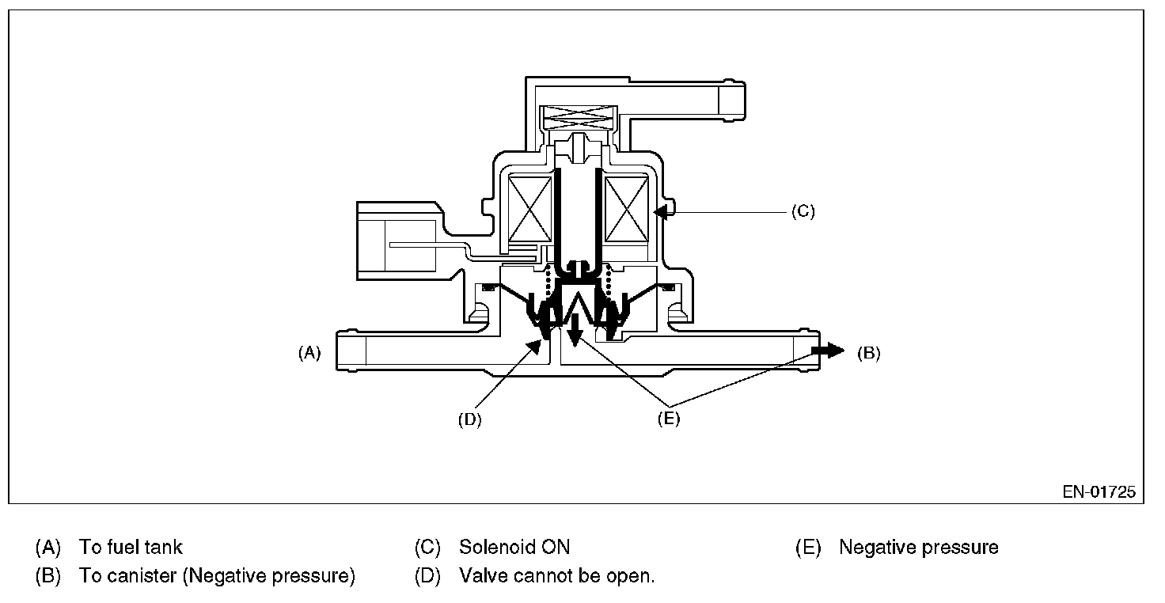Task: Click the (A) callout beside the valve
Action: click(x=309, y=354)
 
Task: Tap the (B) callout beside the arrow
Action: click(x=869, y=354)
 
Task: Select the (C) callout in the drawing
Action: click(x=803, y=211)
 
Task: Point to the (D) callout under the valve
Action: click(x=469, y=419)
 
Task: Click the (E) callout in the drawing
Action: click(x=669, y=419)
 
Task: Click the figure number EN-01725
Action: click(x=1099, y=492)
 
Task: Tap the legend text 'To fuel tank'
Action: click(x=131, y=547)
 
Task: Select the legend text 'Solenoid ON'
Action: click(x=514, y=547)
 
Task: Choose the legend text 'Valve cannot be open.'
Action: click(x=557, y=576)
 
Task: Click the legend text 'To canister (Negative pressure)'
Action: click(x=217, y=576)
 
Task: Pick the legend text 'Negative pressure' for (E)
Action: click(x=919, y=547)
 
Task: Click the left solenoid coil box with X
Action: click(x=529, y=208)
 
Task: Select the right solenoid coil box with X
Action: click(x=627, y=208)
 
